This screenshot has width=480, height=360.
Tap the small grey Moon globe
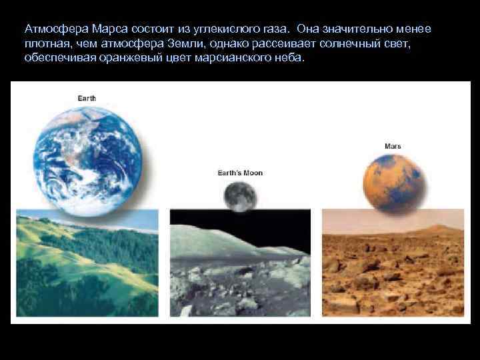click(x=240, y=197)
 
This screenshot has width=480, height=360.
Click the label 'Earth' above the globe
click(x=87, y=99)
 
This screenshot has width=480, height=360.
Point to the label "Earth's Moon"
click(x=240, y=173)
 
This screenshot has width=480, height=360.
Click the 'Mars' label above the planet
click(x=393, y=146)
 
